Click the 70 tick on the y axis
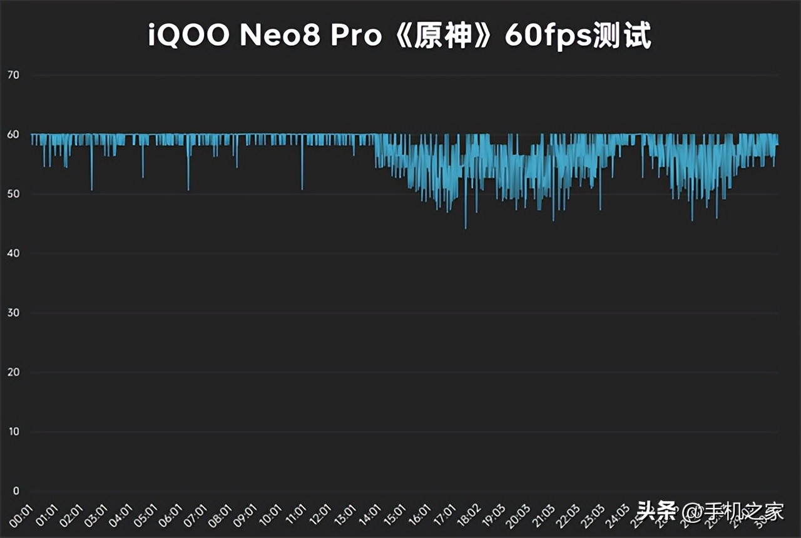[x=12, y=76]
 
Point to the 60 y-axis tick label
[x=12, y=135]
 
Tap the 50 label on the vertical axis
[x=12, y=195]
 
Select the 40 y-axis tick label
[x=12, y=254]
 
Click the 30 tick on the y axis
[x=12, y=313]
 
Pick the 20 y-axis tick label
[x=12, y=373]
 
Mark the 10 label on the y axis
[x=12, y=432]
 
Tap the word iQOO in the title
[x=189, y=37]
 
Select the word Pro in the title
[x=355, y=37]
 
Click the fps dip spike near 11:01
[x=302, y=188]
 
